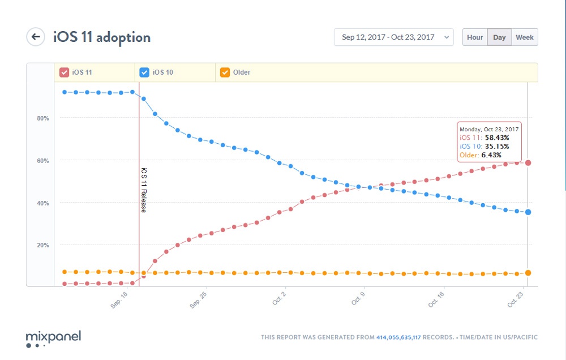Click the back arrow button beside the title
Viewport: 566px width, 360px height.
click(36, 37)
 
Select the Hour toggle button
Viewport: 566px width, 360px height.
click(475, 37)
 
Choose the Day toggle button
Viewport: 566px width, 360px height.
click(499, 37)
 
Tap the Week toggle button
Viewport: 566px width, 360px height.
click(524, 37)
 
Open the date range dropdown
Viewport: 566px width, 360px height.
click(393, 37)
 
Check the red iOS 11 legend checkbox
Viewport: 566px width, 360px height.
click(65, 72)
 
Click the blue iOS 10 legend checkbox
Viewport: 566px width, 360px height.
click(144, 72)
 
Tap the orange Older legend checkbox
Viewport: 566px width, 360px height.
click(225, 72)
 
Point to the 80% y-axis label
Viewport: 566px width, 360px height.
click(43, 118)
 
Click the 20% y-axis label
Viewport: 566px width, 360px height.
click(43, 245)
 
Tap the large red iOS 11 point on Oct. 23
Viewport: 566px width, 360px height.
click(528, 163)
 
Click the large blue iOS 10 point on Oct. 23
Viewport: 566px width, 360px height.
click(528, 212)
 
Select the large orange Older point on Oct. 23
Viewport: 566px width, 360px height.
click(528, 273)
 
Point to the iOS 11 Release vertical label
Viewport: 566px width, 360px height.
click(144, 190)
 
